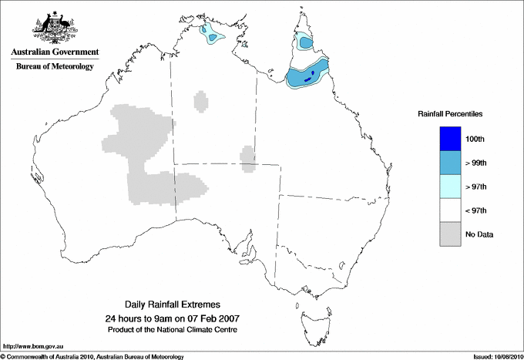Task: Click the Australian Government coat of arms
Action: [54, 27]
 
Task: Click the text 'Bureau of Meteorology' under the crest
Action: [54, 67]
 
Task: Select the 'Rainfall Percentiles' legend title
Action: [450, 113]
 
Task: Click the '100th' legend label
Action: [475, 139]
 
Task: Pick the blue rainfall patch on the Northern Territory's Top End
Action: [210, 34]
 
